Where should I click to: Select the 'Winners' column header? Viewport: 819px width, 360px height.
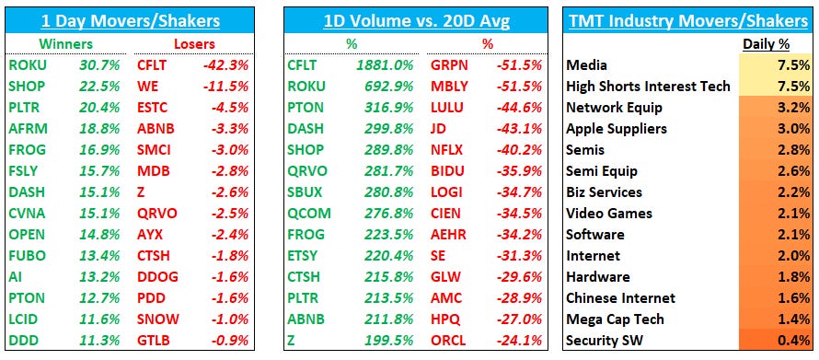pos(65,43)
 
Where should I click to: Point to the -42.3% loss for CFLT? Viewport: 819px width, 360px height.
pos(227,65)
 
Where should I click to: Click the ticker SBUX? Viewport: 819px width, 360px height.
pos(306,192)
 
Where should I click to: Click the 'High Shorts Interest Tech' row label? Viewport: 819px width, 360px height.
pos(648,87)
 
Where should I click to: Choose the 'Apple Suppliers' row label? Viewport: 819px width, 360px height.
pos(616,129)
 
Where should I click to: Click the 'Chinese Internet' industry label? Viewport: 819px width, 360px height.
pos(620,298)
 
